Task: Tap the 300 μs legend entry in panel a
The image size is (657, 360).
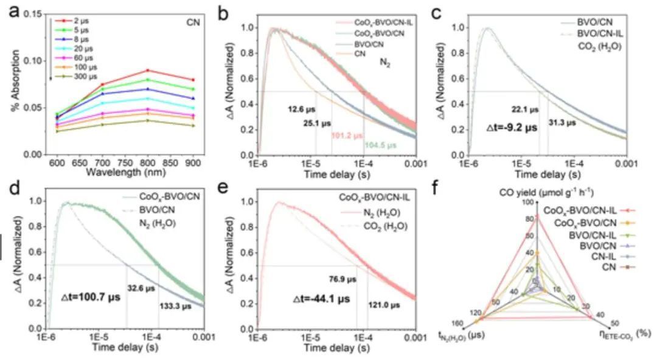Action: [75, 77]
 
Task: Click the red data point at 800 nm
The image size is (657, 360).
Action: [147, 71]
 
